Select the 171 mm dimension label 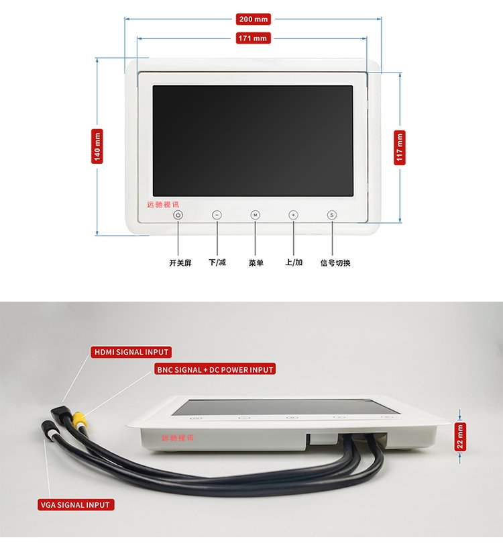click(252, 38)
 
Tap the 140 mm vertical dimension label click(97, 146)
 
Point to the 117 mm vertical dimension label click(400, 147)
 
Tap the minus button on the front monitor click(217, 215)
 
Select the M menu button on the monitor click(255, 215)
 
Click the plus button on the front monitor click(293, 215)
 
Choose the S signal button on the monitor click(331, 215)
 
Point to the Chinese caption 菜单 click(256, 263)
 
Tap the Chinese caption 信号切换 click(335, 263)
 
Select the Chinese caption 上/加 click(294, 263)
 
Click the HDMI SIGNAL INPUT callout click(131, 352)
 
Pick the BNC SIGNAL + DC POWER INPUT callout click(215, 369)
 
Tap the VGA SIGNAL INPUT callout click(75, 505)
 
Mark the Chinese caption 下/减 click(217, 263)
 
